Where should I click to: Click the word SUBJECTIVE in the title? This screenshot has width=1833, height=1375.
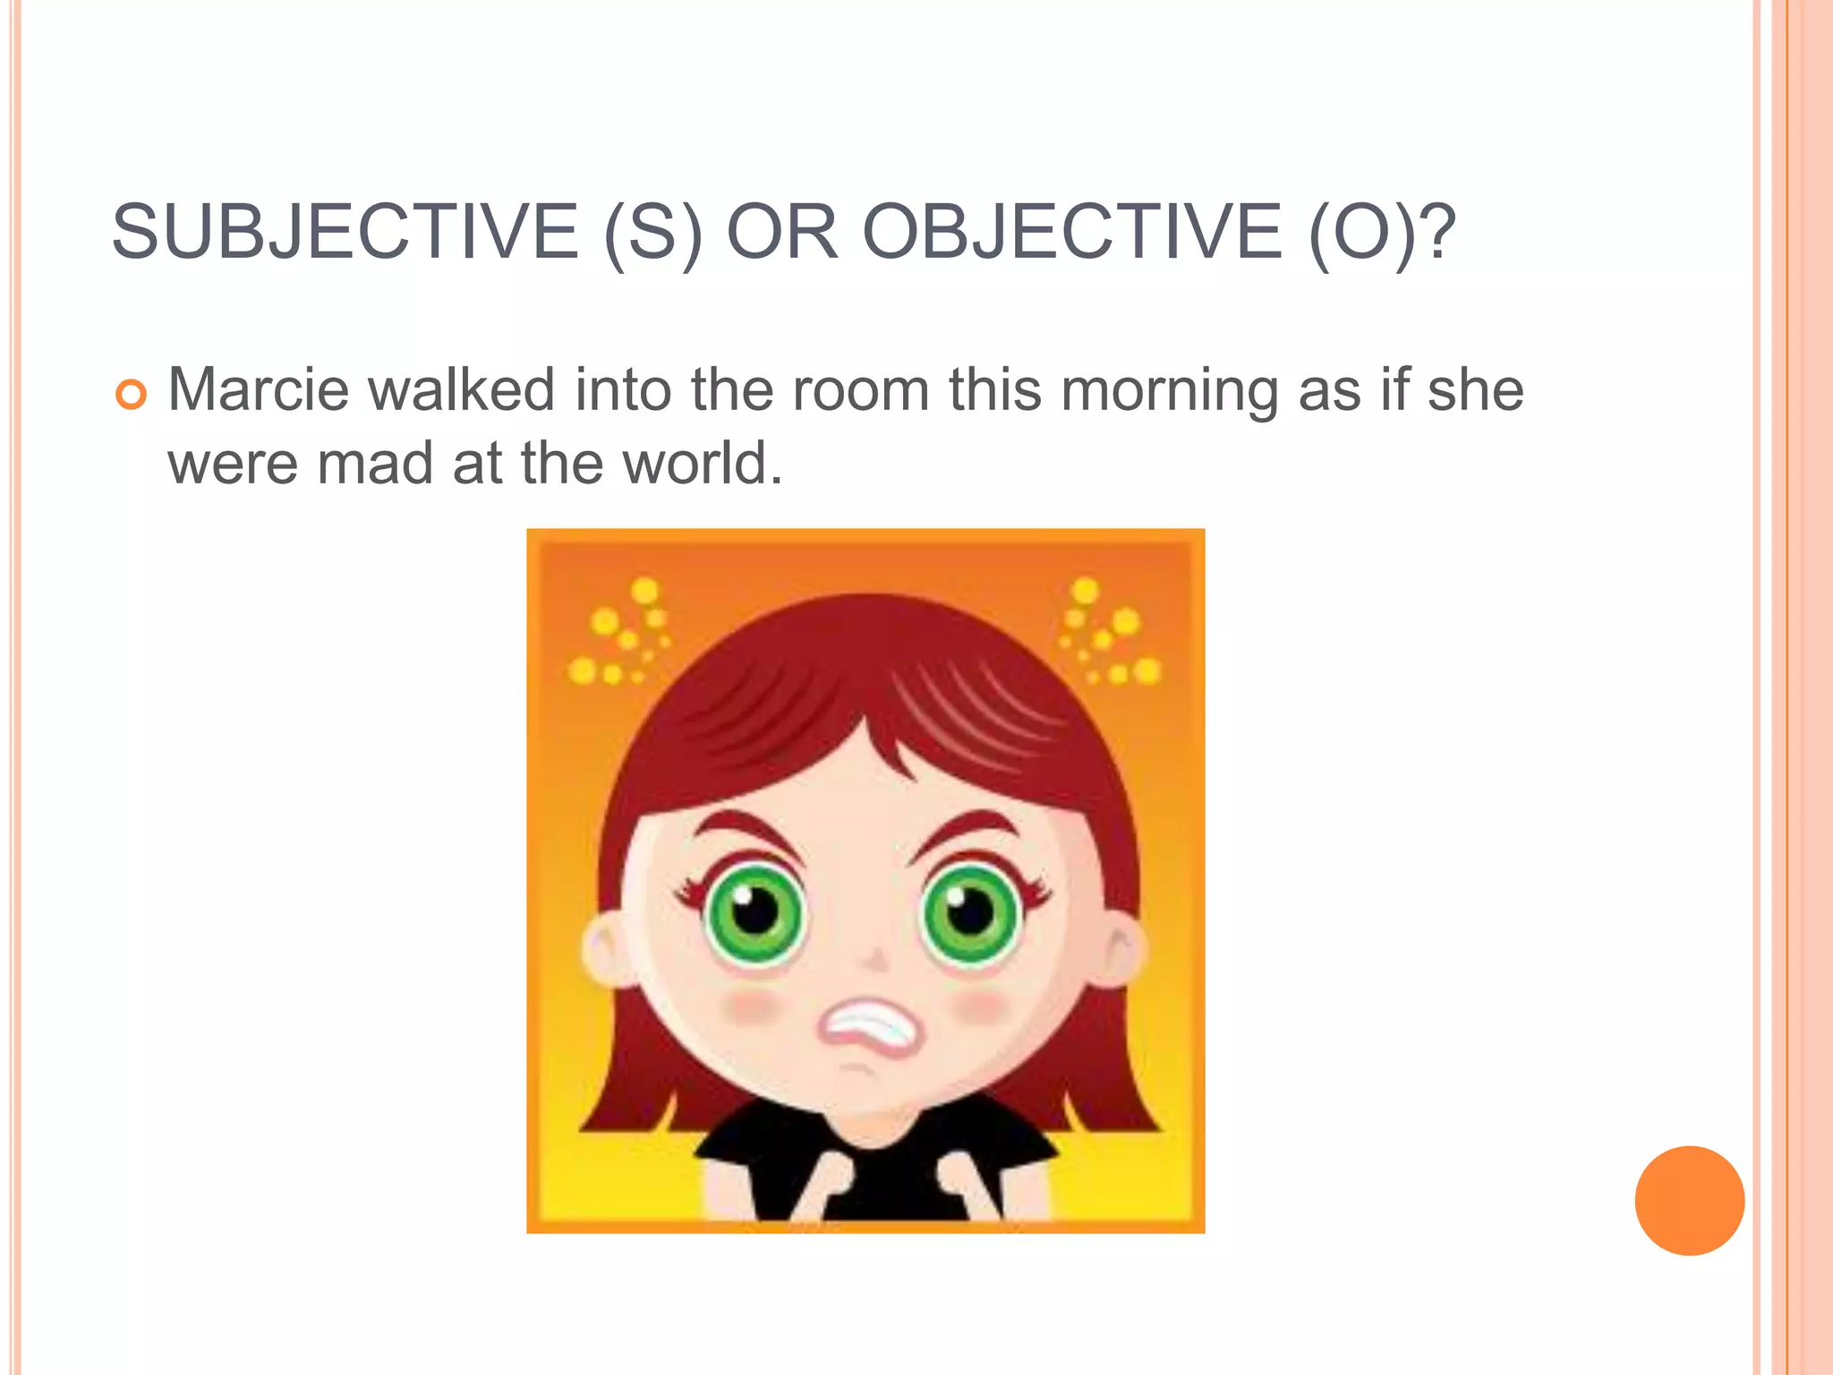point(345,232)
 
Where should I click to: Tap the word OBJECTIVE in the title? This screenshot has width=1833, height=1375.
point(1071,232)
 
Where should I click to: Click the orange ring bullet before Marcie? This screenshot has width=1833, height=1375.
point(132,394)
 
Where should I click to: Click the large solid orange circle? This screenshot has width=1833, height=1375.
point(1689,1200)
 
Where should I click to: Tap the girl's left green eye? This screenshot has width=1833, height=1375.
point(755,913)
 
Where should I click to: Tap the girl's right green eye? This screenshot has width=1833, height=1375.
point(970,913)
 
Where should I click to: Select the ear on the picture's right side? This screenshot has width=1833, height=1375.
point(1121,952)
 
